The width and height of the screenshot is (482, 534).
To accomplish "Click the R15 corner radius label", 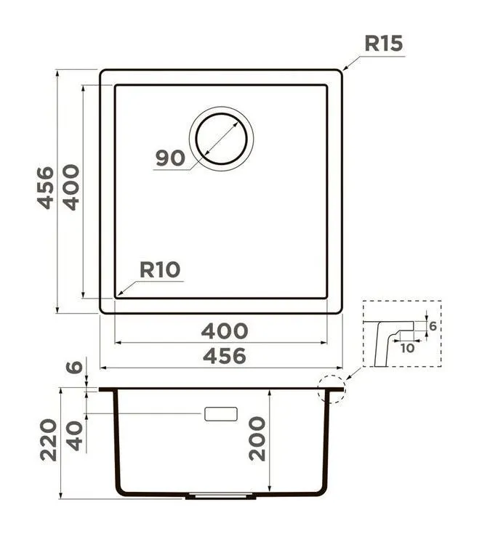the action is (383, 44).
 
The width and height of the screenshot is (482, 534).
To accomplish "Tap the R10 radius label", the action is (160, 270).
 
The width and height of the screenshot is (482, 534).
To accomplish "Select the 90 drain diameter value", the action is (170, 158).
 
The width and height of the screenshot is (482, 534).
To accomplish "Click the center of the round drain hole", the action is (221, 139).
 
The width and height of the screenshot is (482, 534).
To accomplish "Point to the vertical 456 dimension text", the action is (45, 187).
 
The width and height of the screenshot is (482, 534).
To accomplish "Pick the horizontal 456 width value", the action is (225, 356).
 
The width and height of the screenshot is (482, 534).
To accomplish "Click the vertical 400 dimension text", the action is (71, 187).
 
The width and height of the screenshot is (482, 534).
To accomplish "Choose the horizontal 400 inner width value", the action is (225, 331).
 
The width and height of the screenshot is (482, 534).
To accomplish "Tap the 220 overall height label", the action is (49, 440).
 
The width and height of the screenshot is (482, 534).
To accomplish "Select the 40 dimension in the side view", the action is (74, 436).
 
